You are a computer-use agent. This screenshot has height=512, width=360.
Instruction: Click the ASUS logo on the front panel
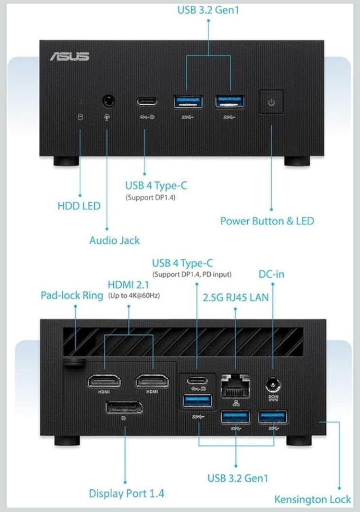70,56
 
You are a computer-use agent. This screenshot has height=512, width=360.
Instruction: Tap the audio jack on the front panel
108,101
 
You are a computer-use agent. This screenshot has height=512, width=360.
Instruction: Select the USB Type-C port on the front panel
147,101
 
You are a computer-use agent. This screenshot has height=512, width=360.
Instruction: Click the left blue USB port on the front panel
188,101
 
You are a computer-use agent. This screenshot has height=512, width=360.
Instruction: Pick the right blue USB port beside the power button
230,101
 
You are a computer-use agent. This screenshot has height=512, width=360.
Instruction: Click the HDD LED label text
79,206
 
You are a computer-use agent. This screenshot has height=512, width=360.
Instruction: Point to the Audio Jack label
115,240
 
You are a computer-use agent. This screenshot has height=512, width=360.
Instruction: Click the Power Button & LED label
267,221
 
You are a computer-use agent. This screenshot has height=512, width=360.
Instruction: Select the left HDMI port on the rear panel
104,381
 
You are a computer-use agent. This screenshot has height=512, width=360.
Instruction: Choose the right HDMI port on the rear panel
152,381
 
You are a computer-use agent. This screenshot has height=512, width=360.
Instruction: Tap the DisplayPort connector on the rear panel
124,407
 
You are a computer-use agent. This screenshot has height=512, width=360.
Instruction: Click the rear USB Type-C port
197,380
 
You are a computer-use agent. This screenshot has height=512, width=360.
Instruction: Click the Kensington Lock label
313,499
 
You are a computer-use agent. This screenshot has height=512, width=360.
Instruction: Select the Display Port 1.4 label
126,494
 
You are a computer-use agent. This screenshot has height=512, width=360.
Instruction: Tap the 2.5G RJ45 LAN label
235,298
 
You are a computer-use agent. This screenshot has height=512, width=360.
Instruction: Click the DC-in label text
271,274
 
